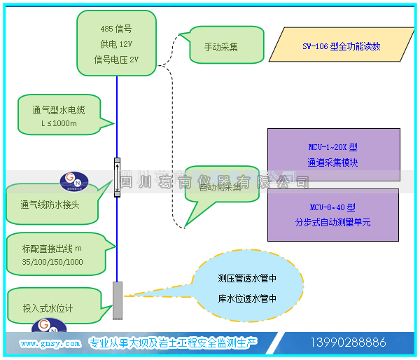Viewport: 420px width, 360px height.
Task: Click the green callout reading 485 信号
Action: click(x=115, y=43)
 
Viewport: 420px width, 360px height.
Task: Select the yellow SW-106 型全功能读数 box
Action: click(x=341, y=46)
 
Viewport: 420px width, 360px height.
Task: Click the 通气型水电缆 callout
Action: click(x=62, y=116)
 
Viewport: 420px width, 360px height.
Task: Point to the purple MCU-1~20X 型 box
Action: click(x=333, y=155)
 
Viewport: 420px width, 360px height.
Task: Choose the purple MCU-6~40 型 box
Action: click(x=333, y=214)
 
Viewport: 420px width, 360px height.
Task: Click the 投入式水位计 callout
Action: click(x=49, y=307)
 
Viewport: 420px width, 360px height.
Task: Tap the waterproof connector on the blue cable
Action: click(x=117, y=177)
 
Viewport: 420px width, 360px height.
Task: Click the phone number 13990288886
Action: click(x=348, y=342)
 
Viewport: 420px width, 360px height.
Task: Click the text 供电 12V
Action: click(x=115, y=44)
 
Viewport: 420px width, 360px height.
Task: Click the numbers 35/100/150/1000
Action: click(x=52, y=262)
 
